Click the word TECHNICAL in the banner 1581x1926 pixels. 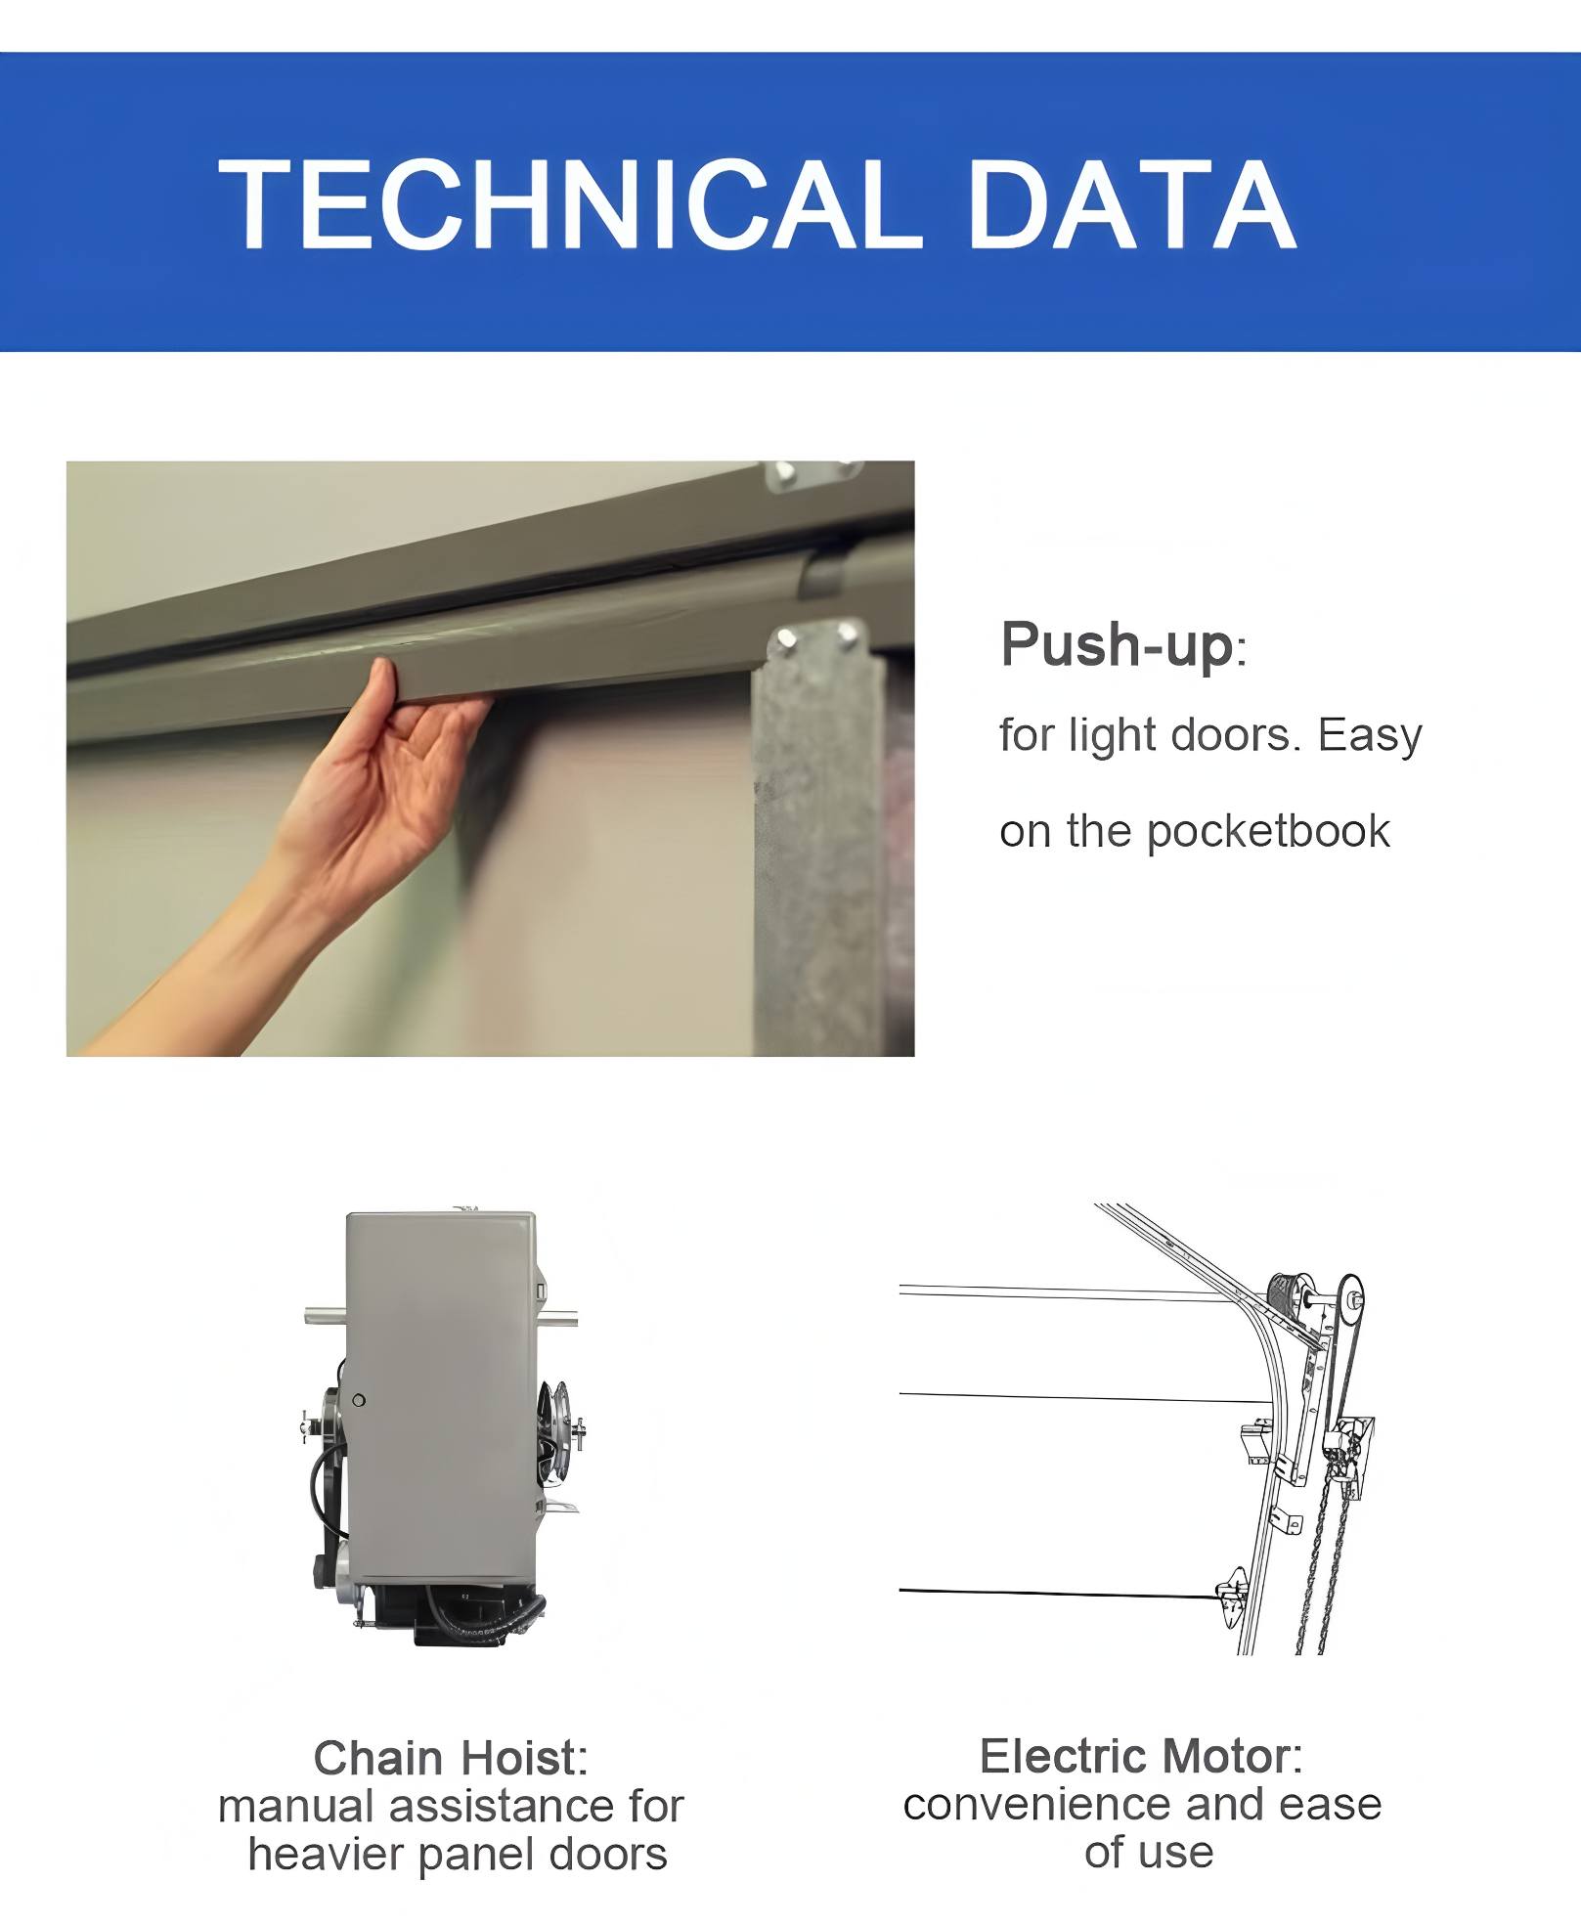pyautogui.click(x=571, y=204)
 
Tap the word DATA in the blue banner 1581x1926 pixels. pyautogui.click(x=1132, y=204)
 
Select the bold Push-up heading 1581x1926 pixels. pyautogui.click(x=1117, y=645)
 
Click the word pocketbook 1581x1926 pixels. pyautogui.click(x=1267, y=832)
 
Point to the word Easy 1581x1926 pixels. pyautogui.click(x=1370, y=736)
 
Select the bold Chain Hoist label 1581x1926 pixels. pyautogui.click(x=451, y=1757)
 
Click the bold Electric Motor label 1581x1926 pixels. pyautogui.click(x=1141, y=1756)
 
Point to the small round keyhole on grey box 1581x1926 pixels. pyautogui.click(x=359, y=1400)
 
